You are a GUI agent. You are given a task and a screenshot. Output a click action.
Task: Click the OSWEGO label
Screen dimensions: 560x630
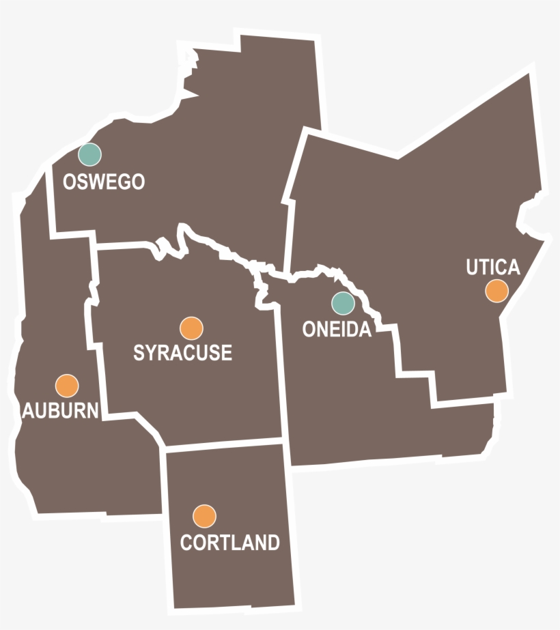coord(104,182)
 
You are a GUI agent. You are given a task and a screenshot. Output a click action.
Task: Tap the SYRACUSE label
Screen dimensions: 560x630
coord(182,353)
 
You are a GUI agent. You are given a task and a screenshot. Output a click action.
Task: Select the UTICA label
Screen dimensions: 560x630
coord(493,267)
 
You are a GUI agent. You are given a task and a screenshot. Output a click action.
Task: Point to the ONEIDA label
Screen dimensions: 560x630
coord(337,330)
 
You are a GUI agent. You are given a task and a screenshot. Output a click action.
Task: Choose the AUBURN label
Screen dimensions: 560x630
coord(61,410)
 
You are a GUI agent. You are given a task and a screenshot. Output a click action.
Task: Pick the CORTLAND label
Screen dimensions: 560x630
coord(229,543)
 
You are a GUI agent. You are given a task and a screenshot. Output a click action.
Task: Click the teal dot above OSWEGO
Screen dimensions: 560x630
coord(89,154)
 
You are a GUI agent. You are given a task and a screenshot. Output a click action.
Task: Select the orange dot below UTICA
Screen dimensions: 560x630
coord(496,291)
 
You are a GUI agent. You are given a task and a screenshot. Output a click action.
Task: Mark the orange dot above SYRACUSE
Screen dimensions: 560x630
coord(191,328)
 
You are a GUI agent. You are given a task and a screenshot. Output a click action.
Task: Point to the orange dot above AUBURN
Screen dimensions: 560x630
coord(67,386)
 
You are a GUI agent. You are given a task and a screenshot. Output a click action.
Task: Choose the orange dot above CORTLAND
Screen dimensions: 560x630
coord(204,516)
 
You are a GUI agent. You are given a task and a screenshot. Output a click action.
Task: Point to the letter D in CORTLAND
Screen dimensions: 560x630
coord(272,543)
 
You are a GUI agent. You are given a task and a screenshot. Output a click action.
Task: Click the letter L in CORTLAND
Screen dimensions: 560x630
coord(236,543)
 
